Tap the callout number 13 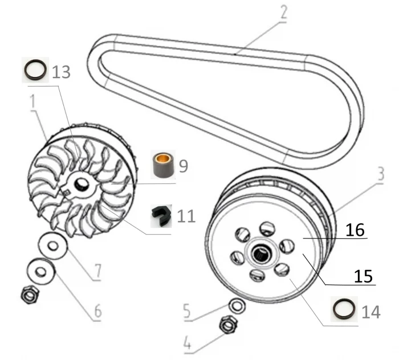pyautogui.click(x=62, y=72)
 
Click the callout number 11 pyautogui.click(x=186, y=216)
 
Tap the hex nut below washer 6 pyautogui.click(x=28, y=295)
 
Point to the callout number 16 pyautogui.click(x=353, y=230)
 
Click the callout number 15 pyautogui.click(x=363, y=276)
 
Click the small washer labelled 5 pyautogui.click(x=235, y=306)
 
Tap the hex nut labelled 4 pyautogui.click(x=229, y=326)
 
